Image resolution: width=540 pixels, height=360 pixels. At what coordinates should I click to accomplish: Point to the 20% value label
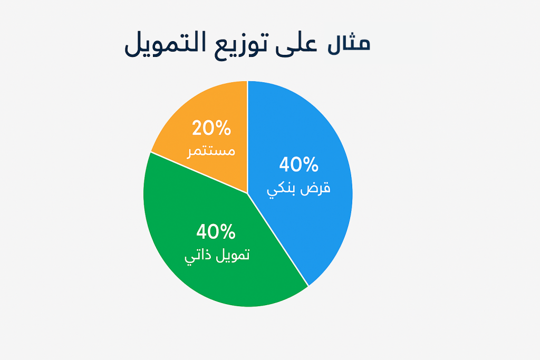coord(211,128)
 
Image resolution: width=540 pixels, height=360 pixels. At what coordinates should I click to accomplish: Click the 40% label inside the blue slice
coord(298,165)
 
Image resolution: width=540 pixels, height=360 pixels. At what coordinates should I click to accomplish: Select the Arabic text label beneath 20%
coord(211,151)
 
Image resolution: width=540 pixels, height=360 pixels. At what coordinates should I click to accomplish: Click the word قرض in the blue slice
coord(315,189)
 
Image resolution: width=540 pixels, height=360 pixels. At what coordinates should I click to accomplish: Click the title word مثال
coord(349,44)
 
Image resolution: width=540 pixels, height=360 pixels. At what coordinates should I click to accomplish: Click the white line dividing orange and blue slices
coord(247,137)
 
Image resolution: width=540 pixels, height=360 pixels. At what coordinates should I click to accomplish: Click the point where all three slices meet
coord(247,193)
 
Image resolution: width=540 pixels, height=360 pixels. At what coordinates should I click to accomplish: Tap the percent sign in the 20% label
coord(223,128)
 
